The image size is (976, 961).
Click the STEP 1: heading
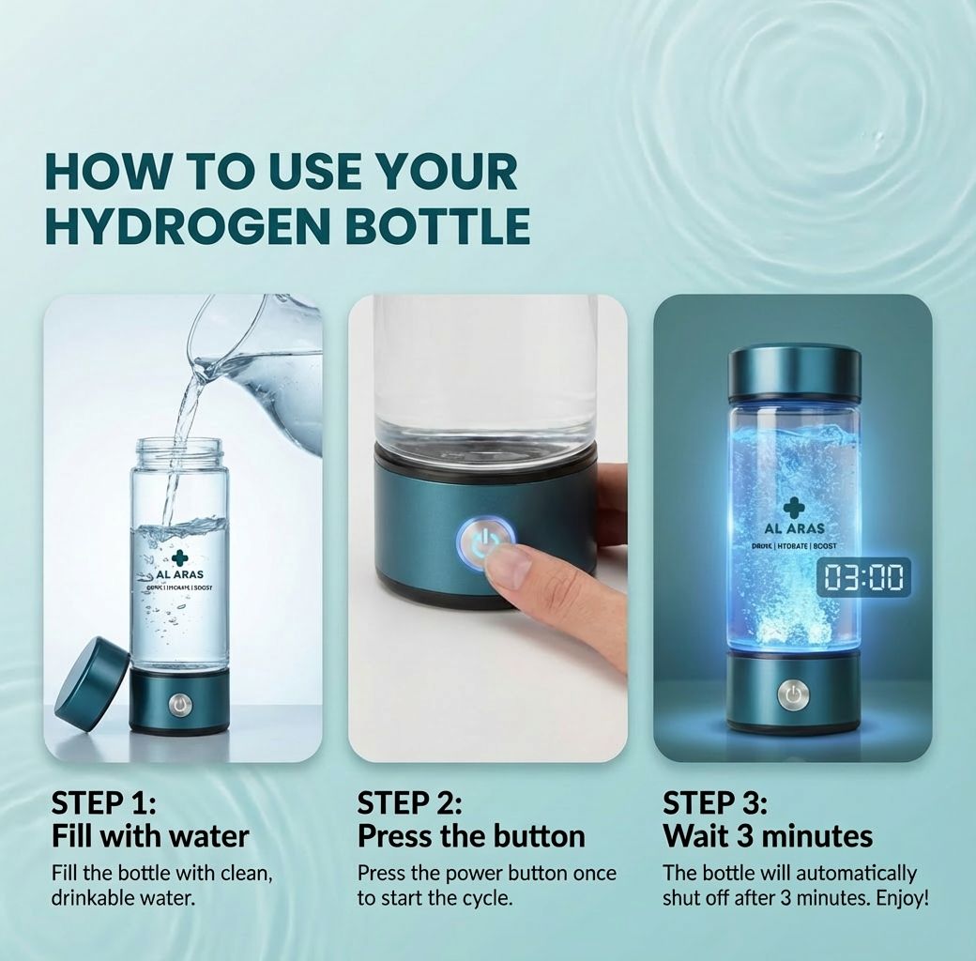pyautogui.click(x=103, y=803)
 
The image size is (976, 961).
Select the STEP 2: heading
pyautogui.click(x=409, y=803)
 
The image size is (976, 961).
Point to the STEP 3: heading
pyautogui.click(x=715, y=803)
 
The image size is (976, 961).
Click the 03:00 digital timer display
pyautogui.click(x=862, y=577)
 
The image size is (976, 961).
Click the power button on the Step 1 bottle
pyautogui.click(x=179, y=704)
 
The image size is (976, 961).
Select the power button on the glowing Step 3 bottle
pyautogui.click(x=794, y=695)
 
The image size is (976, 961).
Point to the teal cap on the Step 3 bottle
pyautogui.click(x=794, y=373)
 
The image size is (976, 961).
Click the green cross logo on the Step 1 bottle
pyautogui.click(x=179, y=557)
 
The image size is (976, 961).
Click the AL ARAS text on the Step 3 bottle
pyautogui.click(x=794, y=529)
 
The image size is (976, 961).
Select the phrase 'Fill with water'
pyautogui.click(x=150, y=835)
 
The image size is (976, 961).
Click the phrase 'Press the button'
pyautogui.click(x=471, y=835)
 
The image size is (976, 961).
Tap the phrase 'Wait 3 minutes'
pyautogui.click(x=768, y=835)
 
